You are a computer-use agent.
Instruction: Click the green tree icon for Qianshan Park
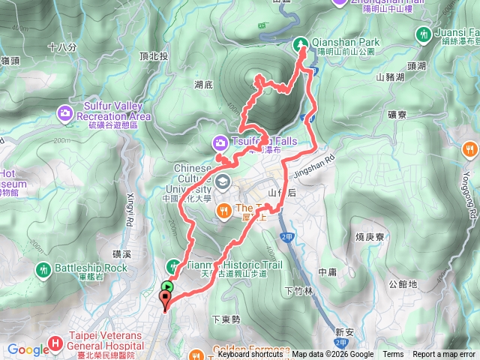[x=300, y=43]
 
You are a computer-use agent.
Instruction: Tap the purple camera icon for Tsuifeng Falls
[x=220, y=141]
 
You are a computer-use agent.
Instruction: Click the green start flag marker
[x=167, y=286]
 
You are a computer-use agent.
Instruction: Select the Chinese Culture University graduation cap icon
[x=223, y=181]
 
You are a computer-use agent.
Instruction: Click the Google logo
[x=28, y=349]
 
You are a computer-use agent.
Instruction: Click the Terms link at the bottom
[x=393, y=355]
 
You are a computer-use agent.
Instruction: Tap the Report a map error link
[x=444, y=355]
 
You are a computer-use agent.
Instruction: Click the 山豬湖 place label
[x=390, y=76]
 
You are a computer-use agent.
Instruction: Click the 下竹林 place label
[x=298, y=291]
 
